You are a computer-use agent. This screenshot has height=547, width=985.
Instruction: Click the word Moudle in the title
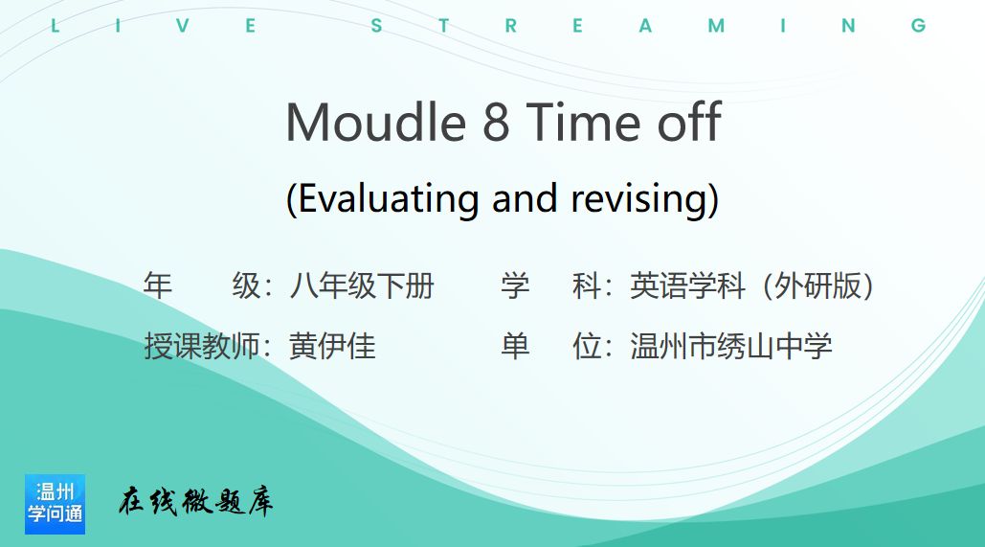pyautogui.click(x=375, y=122)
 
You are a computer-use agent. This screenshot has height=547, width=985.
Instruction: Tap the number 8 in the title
pyautogui.click(x=496, y=122)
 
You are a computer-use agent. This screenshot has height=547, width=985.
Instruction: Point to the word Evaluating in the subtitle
pyautogui.click(x=389, y=198)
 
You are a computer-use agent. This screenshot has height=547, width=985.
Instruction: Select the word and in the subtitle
pyautogui.click(x=525, y=198)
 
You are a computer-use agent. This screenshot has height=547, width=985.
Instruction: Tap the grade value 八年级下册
pyautogui.click(x=361, y=286)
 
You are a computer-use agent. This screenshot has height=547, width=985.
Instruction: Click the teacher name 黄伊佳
pyautogui.click(x=332, y=346)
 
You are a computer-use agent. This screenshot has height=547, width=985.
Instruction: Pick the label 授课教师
pyautogui.click(x=202, y=346)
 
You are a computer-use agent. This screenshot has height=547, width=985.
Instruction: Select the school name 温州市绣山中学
pyautogui.click(x=731, y=346)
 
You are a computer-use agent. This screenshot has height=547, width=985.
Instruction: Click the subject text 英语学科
pyautogui.click(x=688, y=286)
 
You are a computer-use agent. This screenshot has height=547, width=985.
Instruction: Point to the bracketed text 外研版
pyautogui.click(x=817, y=286)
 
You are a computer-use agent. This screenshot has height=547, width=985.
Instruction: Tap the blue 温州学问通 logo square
pyautogui.click(x=55, y=504)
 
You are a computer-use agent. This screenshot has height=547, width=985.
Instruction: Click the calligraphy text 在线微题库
pyautogui.click(x=195, y=501)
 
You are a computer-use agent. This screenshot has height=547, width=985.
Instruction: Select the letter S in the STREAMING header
pyautogui.click(x=376, y=26)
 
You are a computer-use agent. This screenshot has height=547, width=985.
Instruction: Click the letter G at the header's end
pyautogui.click(x=918, y=26)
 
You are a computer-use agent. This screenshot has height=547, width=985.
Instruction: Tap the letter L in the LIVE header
pyautogui.click(x=56, y=26)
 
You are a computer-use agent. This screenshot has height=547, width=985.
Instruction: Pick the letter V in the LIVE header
pyautogui.click(x=182, y=26)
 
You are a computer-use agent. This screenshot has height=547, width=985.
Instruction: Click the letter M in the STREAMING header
pyautogui.click(x=716, y=26)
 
